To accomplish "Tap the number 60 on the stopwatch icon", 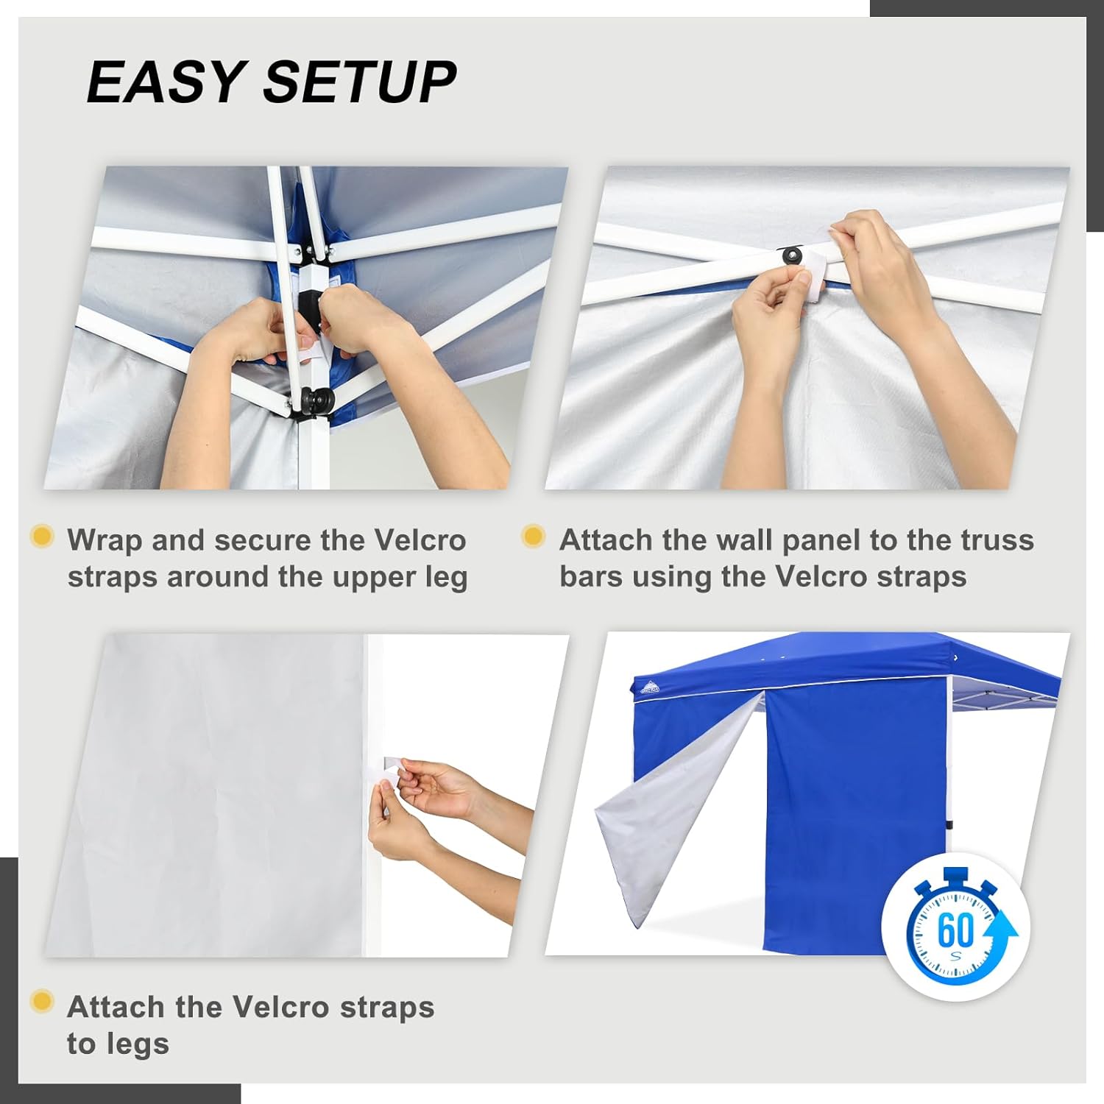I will [955, 930].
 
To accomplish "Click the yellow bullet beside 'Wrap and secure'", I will [42, 536].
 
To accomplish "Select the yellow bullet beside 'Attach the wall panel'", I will [533, 536].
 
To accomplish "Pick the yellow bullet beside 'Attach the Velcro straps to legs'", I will [42, 1002].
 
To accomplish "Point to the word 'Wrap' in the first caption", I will [104, 540].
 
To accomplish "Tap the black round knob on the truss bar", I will [792, 255].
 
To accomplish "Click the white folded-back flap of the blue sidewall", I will [662, 817].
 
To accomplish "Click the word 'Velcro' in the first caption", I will [420, 540].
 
